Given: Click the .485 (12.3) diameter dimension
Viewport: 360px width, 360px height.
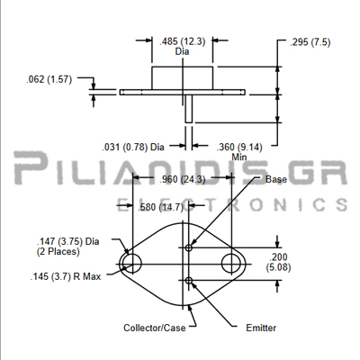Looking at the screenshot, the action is (x=183, y=41).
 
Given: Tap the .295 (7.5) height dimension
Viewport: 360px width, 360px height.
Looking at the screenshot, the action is (x=310, y=42).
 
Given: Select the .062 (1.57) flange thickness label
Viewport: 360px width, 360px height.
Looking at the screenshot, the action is (x=49, y=79).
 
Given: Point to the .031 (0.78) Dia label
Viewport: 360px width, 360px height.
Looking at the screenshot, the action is (x=133, y=148).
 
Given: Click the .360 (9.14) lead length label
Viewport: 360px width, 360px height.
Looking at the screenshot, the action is (x=239, y=148).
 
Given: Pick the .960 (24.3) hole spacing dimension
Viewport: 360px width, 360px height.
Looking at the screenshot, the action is (x=183, y=179).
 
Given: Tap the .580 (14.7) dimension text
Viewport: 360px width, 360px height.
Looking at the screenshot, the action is (x=160, y=207).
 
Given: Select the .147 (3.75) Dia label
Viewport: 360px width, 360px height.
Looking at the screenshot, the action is (x=68, y=241).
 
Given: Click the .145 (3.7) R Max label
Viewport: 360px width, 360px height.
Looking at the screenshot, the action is (x=66, y=276).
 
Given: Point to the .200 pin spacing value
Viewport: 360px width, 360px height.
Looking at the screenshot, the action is (x=278, y=257).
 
